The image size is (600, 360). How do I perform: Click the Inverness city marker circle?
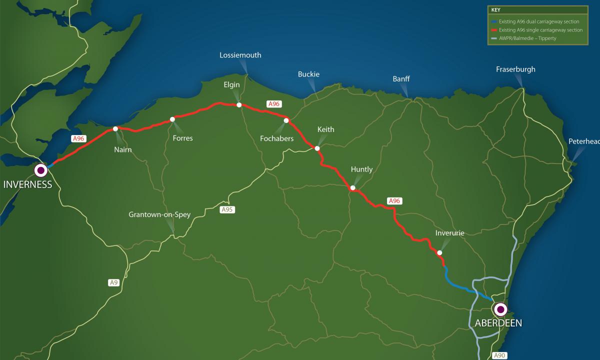pyautogui.click(x=40, y=170)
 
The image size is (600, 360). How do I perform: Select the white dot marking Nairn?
pyautogui.click(x=115, y=129)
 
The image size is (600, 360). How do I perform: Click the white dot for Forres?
pyautogui.click(x=172, y=119)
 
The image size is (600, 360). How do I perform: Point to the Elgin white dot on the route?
pyautogui.click(x=239, y=105)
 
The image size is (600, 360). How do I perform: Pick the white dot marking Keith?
pyautogui.click(x=317, y=148)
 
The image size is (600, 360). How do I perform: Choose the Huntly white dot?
pyautogui.click(x=352, y=188)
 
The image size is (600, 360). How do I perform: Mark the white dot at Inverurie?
pyautogui.click(x=439, y=252)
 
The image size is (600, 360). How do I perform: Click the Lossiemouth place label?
pyautogui.click(x=240, y=55)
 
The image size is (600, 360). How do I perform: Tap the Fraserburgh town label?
pyautogui.click(x=515, y=69)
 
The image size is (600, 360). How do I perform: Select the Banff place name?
pyautogui.click(x=401, y=78)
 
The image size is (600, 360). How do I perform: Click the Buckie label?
pyautogui.click(x=308, y=74)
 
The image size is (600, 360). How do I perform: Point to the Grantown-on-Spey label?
pyautogui.click(x=159, y=214)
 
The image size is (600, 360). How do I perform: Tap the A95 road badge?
pyautogui.click(x=227, y=209)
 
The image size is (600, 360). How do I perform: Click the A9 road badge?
pyautogui.click(x=114, y=282)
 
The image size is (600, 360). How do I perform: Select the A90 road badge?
pyautogui.click(x=499, y=355)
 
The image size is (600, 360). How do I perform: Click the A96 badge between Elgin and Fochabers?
pyautogui.click(x=273, y=103)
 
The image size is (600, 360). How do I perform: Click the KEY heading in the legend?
pyautogui.click(x=495, y=9)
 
